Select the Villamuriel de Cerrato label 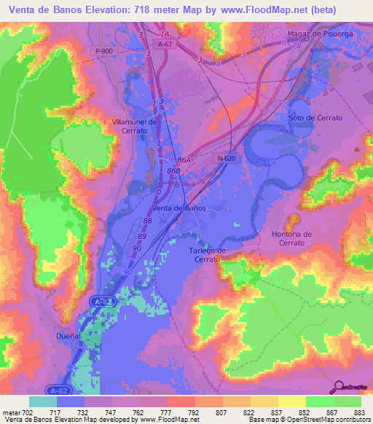(x=134, y=126)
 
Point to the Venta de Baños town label (x=178, y=208)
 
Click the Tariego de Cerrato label (x=208, y=255)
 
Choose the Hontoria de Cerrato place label (x=291, y=238)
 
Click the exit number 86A (x=184, y=160)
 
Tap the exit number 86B (x=173, y=170)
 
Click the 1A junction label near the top (x=165, y=34)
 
